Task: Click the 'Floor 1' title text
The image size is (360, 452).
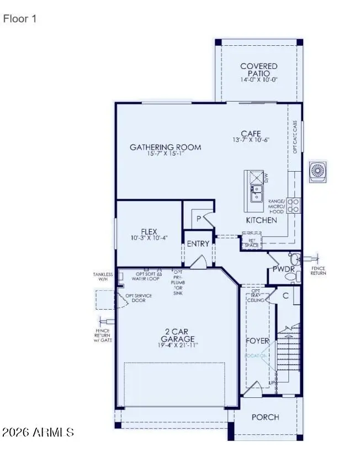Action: (20, 19)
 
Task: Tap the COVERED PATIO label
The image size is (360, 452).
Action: (258, 70)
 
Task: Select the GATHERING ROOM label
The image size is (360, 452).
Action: (165, 147)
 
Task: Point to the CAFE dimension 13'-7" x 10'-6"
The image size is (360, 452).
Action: (250, 140)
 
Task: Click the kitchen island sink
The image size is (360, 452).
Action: (256, 194)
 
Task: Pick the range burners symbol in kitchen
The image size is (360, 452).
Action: (294, 205)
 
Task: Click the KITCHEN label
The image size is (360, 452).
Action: (261, 220)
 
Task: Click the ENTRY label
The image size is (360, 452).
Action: (198, 243)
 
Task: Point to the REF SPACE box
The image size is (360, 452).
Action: (252, 243)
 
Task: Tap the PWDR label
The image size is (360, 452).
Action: (283, 269)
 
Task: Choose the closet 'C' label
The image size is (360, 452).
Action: (285, 295)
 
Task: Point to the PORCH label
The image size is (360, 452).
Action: (265, 417)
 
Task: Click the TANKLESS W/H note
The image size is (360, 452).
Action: (103, 276)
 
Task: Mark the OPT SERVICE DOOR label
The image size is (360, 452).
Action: (139, 298)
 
